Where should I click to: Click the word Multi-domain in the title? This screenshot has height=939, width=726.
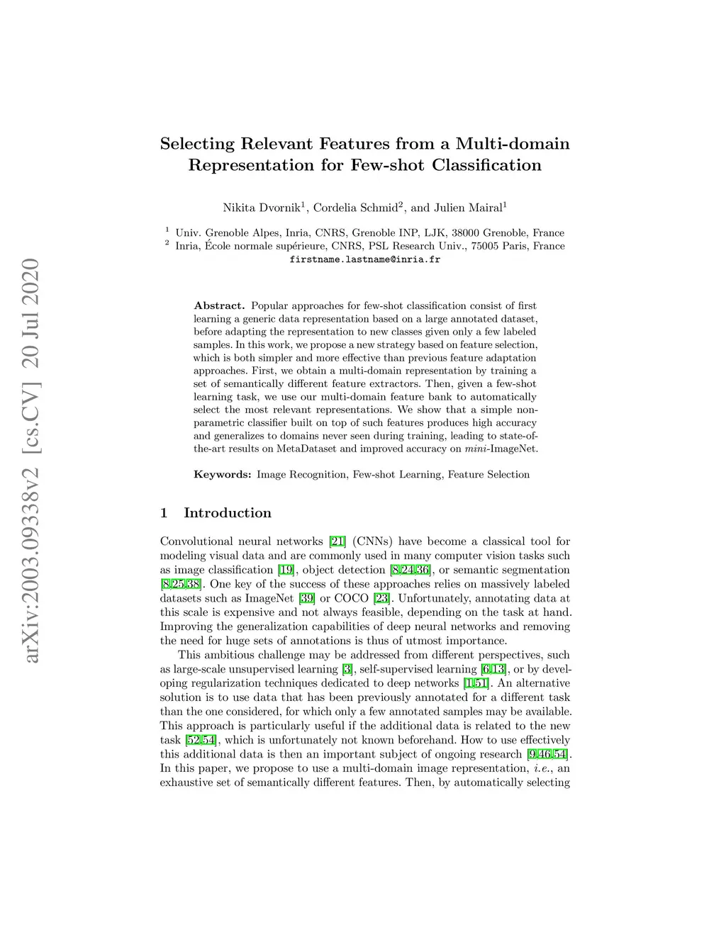(x=512, y=144)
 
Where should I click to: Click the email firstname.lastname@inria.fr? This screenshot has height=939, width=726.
(x=365, y=259)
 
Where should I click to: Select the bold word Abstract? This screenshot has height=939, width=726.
(x=218, y=306)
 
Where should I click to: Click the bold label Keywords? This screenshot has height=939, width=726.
(x=222, y=475)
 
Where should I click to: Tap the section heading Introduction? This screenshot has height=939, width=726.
(x=227, y=513)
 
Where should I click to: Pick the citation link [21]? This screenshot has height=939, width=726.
(x=337, y=542)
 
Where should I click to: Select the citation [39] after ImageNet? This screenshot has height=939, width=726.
(x=307, y=599)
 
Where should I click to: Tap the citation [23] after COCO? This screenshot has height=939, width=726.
(x=382, y=599)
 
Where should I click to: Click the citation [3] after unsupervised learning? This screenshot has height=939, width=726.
(x=347, y=670)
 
